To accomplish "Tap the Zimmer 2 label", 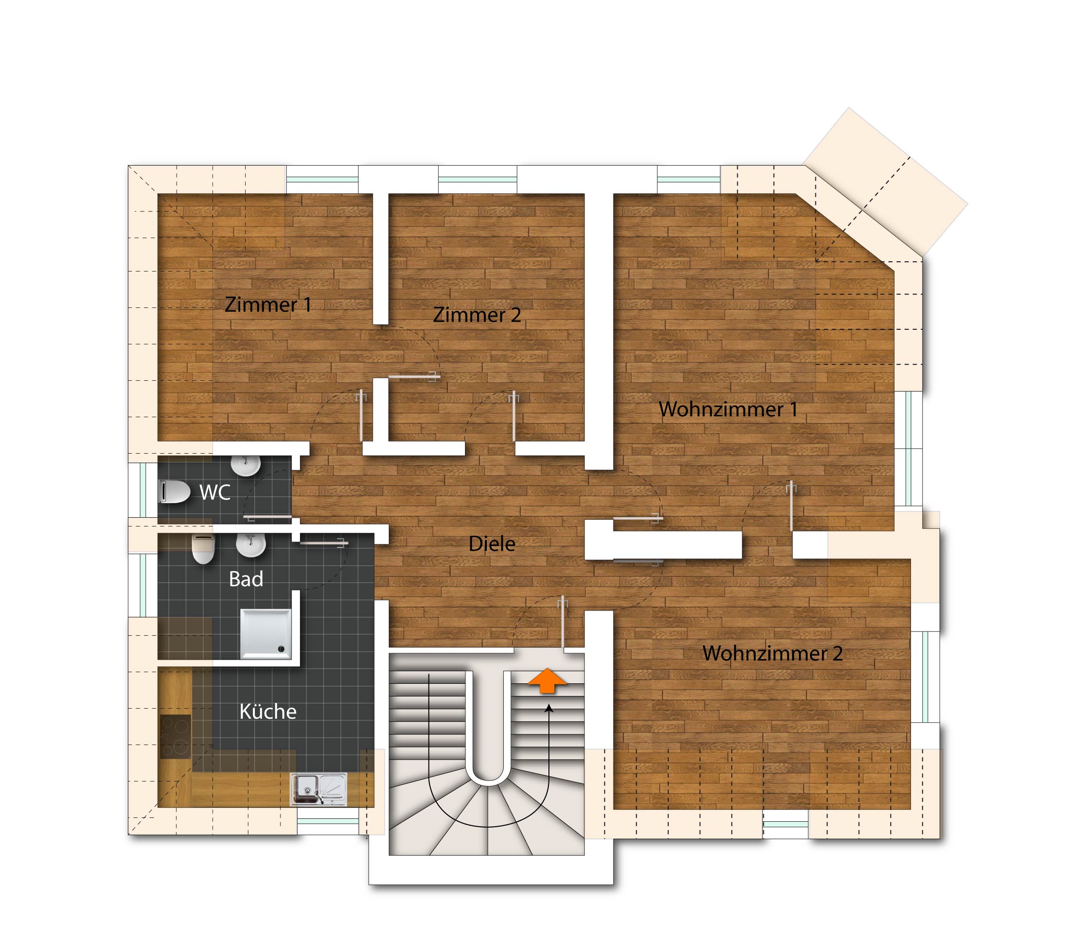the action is click(x=477, y=315).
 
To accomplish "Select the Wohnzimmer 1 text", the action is click(x=728, y=409).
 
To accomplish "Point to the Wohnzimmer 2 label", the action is click(x=773, y=653).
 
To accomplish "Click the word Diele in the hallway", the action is click(x=492, y=543).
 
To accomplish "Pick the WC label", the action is click(x=215, y=492).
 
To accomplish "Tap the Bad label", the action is click(x=246, y=579).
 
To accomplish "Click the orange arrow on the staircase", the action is click(x=547, y=680).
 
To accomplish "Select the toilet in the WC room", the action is click(x=174, y=492).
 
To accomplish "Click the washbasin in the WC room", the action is click(x=246, y=466).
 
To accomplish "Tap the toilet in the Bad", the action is click(x=203, y=549).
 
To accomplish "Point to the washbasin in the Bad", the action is click(x=250, y=545).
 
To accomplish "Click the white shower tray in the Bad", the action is click(x=265, y=634).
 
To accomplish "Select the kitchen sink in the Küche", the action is click(x=319, y=789).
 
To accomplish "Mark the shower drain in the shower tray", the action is click(x=282, y=649).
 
